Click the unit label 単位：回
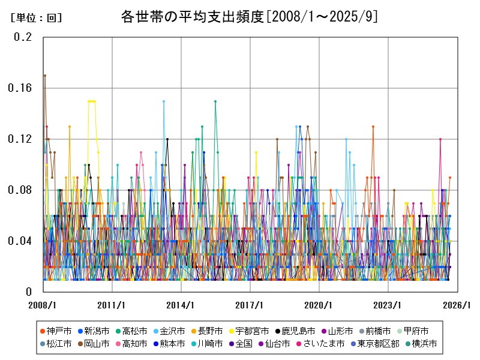coord(36,18)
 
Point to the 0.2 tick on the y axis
coord(23,37)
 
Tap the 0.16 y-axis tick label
coord(20,88)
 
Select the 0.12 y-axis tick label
coord(20,139)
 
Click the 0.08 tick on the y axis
coord(20,190)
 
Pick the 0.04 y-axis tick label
coord(20,241)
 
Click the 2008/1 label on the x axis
coord(43,305)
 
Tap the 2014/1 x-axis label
coord(181,305)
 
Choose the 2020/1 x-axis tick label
coord(319,305)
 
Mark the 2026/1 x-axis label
coord(457,305)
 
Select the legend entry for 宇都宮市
coord(251,331)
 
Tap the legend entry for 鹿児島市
coord(298,331)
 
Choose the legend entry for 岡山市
coord(97,344)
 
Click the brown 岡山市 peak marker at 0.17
coord(44,75)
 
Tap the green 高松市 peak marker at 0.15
coord(215,101)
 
